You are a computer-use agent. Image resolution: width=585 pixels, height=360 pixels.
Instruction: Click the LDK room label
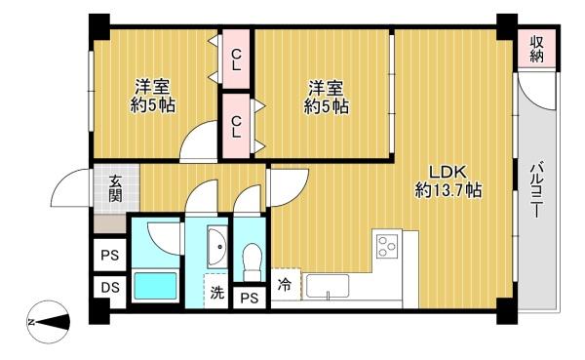[448, 172]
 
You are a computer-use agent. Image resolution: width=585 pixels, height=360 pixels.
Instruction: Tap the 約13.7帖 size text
[448, 191]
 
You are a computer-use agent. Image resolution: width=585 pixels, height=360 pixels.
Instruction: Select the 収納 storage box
[536, 50]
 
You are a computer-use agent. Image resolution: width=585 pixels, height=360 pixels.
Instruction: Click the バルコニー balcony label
[536, 189]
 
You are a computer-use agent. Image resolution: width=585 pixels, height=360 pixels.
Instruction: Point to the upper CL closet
[236, 60]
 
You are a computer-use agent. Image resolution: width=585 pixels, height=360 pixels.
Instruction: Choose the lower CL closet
[236, 126]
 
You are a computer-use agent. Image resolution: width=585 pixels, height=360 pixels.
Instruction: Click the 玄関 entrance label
[116, 188]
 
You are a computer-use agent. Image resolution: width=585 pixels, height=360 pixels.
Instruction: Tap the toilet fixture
[252, 261]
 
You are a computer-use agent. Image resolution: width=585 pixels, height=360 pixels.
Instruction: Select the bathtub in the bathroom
[155, 286]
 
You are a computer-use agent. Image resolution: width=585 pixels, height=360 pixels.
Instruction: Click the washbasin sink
[217, 247]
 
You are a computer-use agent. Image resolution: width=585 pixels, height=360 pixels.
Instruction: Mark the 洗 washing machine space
[216, 292]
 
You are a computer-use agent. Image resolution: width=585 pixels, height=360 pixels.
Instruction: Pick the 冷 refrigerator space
[286, 285]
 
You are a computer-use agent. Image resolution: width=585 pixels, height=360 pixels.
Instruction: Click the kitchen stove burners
[387, 246]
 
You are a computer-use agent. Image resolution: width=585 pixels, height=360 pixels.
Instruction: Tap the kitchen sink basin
[328, 287]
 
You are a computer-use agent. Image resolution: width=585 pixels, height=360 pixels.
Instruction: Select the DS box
[110, 287]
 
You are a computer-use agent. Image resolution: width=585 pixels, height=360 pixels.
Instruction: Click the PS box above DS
[110, 256]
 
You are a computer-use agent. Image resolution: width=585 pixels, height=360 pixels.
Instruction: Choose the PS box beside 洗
[250, 298]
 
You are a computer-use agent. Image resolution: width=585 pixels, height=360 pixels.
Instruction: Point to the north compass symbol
[49, 322]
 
